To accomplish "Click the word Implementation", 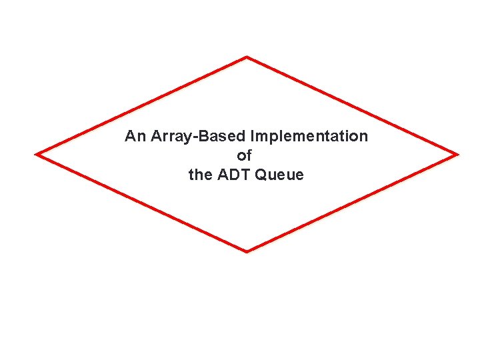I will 309,137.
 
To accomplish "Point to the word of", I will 245,156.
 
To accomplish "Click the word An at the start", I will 135,137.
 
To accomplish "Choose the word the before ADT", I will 200,175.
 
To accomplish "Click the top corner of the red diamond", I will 247,57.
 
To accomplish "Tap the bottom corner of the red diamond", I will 247,251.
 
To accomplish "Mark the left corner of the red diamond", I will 37,154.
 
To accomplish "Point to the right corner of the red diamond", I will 457,155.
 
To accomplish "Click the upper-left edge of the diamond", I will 141,105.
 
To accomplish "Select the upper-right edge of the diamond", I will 352,105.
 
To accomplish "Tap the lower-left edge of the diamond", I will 141,203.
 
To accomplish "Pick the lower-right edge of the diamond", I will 352,203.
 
